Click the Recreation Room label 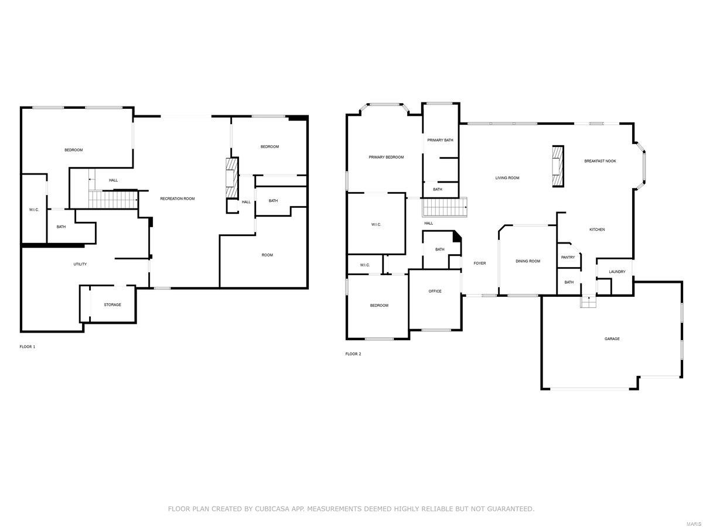tap(177, 199)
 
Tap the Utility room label tap(80, 264)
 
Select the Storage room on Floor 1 tap(112, 304)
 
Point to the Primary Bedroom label tap(386, 157)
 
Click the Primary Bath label tap(440, 140)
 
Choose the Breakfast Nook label tap(600, 161)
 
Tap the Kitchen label tap(597, 230)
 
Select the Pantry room tap(568, 257)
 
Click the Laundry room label tap(617, 272)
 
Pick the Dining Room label tap(528, 261)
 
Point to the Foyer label tap(480, 263)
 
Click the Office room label tap(435, 291)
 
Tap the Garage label tap(612, 338)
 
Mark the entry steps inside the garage tap(588, 302)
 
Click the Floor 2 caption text tap(353, 354)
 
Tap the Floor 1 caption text tap(28, 347)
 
